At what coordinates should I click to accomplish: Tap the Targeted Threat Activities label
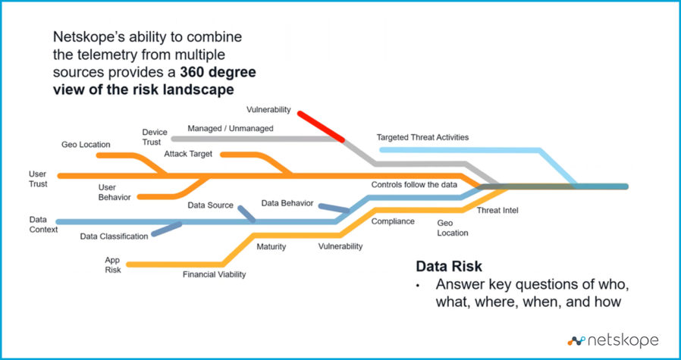point(422,137)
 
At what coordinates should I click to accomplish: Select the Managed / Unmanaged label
point(230,129)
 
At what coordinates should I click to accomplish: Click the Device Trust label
point(154,137)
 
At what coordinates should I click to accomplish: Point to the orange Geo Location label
point(86,144)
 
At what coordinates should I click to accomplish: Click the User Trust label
point(37,179)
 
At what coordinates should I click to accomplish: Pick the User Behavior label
point(115,192)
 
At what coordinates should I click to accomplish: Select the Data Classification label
point(114,236)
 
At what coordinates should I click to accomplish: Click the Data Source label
point(211,205)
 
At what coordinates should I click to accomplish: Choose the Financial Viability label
point(214,274)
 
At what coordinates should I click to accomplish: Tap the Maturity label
point(270,246)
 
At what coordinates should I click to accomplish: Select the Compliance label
point(393,221)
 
